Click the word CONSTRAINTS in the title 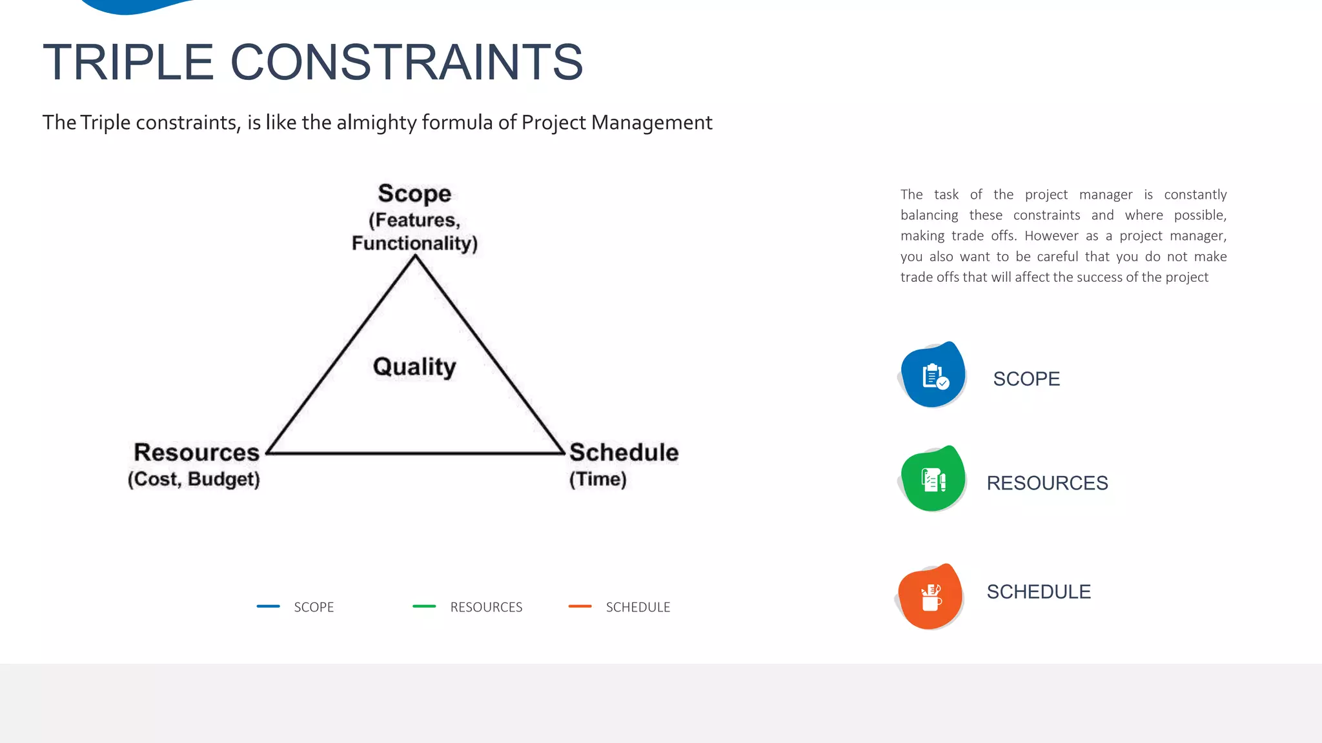pos(407,63)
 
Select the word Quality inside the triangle pos(414,367)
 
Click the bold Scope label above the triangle pos(414,193)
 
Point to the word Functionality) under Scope pos(414,243)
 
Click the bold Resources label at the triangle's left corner pos(196,452)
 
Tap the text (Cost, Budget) pos(194,479)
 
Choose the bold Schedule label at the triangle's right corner pos(624,452)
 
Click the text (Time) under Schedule pos(598,479)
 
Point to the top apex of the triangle pos(415,257)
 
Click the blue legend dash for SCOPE pos(268,606)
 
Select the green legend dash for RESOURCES pos(424,606)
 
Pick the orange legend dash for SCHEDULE pos(580,606)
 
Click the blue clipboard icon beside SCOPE pos(933,375)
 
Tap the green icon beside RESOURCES pos(933,479)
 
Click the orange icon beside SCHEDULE pos(931,597)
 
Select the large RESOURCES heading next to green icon pos(1047,483)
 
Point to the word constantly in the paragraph pos(1195,195)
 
